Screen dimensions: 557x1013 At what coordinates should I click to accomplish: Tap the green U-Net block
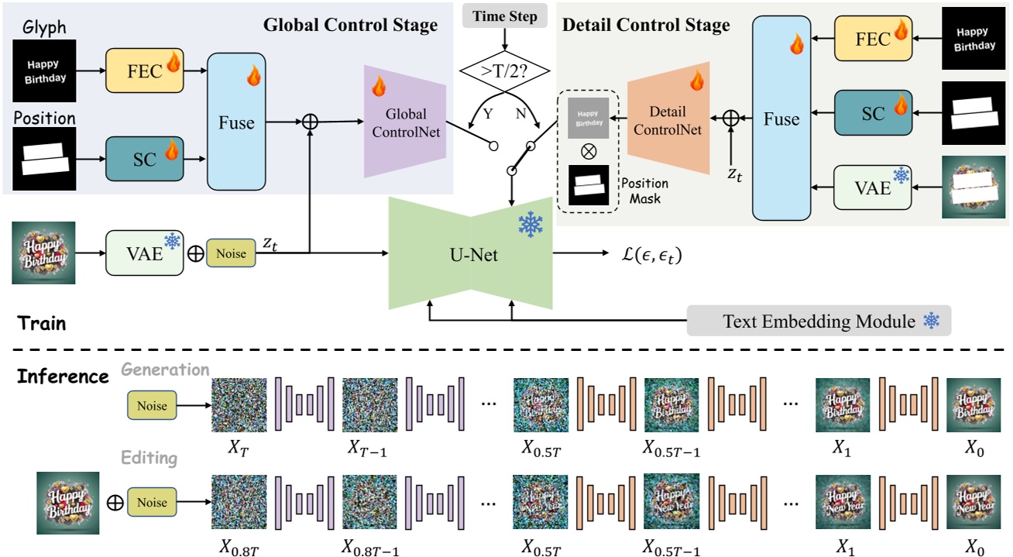click(x=473, y=253)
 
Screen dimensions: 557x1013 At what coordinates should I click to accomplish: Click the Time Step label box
click(x=503, y=16)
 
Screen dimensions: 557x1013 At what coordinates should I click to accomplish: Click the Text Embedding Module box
click(x=819, y=321)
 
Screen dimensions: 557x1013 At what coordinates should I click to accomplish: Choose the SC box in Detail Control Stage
click(x=873, y=113)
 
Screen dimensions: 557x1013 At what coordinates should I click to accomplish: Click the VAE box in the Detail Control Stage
click(x=873, y=187)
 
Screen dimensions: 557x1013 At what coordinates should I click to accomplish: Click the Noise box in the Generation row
click(x=152, y=405)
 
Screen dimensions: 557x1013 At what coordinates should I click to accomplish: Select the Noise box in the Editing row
click(x=152, y=502)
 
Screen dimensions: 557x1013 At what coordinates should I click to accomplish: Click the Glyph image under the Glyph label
click(x=45, y=72)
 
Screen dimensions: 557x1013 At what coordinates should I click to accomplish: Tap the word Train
click(x=43, y=323)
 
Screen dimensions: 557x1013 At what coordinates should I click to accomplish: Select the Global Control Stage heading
click(x=350, y=25)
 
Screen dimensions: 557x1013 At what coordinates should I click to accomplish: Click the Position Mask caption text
click(x=644, y=192)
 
